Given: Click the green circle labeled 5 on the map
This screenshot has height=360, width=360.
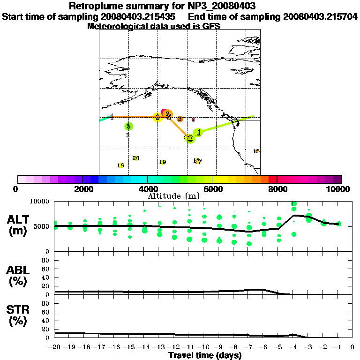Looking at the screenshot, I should pyautogui.click(x=128, y=126).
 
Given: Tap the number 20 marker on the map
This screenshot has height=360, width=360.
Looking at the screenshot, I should pyautogui.click(x=136, y=158).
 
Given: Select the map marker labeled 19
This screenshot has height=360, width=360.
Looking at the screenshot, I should pyautogui.click(x=163, y=162).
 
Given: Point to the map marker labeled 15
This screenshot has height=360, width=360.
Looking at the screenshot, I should pyautogui.click(x=256, y=151).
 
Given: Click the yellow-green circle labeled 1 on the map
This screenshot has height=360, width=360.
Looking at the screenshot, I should pyautogui.click(x=199, y=133).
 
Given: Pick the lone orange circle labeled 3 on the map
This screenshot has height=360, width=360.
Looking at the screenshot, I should pyautogui.click(x=180, y=119).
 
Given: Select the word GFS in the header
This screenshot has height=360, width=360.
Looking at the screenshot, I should pyautogui.click(x=211, y=26).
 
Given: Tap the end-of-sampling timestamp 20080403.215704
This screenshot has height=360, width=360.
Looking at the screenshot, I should pyautogui.click(x=320, y=16).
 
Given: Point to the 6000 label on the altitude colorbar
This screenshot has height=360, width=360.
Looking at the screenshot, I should pyautogui.click(x=212, y=189).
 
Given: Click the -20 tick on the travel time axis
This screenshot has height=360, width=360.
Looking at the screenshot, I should pyautogui.click(x=55, y=347).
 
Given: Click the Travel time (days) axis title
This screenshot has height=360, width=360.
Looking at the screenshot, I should pyautogui.click(x=205, y=355).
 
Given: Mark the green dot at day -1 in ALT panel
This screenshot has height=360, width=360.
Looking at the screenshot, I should pyautogui.click(x=338, y=224).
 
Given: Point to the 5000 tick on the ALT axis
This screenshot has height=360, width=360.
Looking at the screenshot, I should pyautogui.click(x=43, y=226).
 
